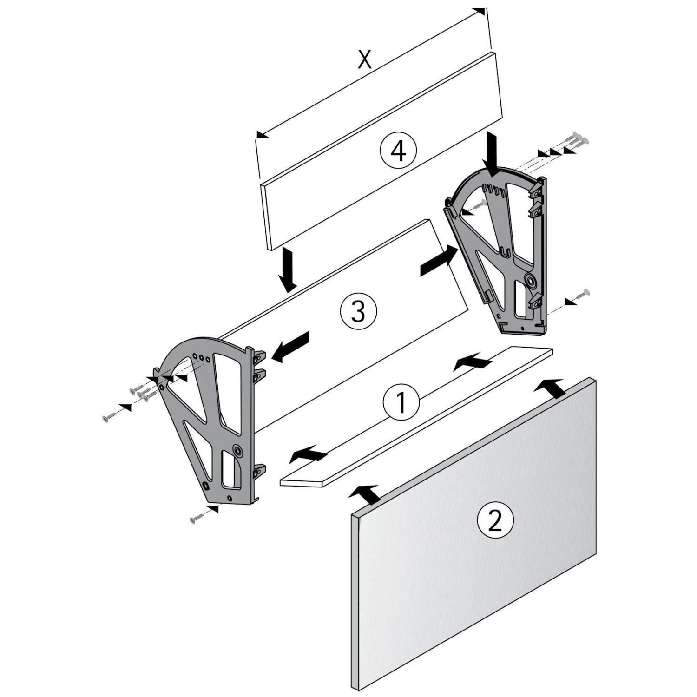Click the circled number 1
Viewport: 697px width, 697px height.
pyautogui.click(x=401, y=402)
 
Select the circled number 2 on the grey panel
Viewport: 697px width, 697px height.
pyautogui.click(x=495, y=519)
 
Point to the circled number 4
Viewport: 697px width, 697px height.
pyautogui.click(x=398, y=151)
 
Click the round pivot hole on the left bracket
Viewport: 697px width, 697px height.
pyautogui.click(x=238, y=449)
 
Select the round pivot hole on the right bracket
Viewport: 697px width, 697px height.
pyautogui.click(x=530, y=280)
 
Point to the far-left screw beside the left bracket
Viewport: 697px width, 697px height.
pyautogui.click(x=112, y=416)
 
